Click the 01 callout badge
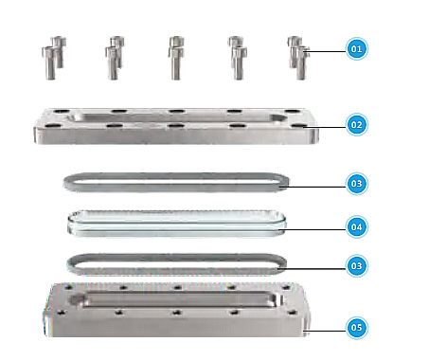click(x=356, y=48)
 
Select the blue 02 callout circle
click(x=356, y=124)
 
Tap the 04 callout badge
click(x=356, y=226)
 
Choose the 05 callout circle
click(x=356, y=328)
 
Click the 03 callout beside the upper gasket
click(x=356, y=184)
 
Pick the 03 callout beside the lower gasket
click(x=356, y=265)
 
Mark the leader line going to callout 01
click(x=325, y=51)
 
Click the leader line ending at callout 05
click(x=325, y=331)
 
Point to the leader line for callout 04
click(x=314, y=229)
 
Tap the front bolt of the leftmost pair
click(x=49, y=63)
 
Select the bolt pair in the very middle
click(x=176, y=58)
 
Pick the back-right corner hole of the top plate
click(x=293, y=111)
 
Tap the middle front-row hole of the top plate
click(x=176, y=126)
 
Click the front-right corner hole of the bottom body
click(x=293, y=313)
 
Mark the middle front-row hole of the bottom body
click(x=176, y=313)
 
